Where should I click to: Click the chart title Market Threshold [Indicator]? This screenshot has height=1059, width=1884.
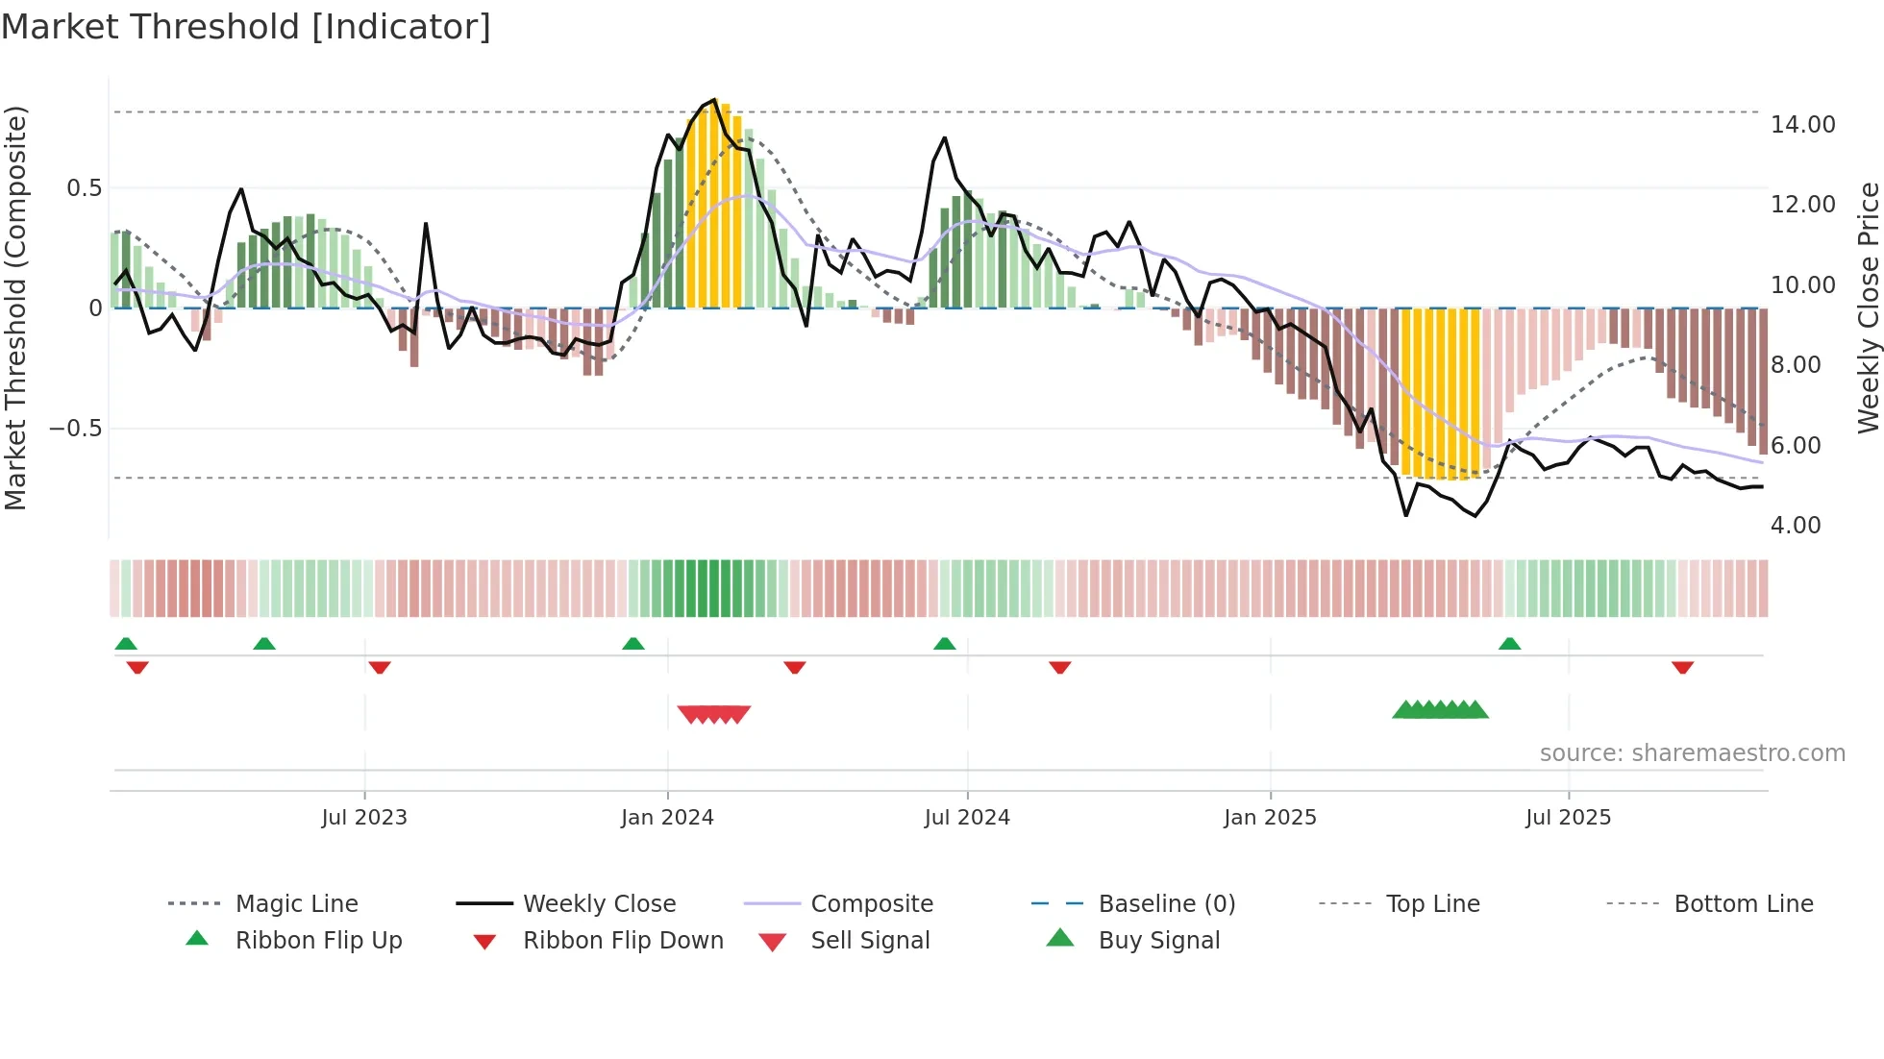click(x=246, y=27)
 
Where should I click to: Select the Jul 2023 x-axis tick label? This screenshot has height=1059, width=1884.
click(x=364, y=818)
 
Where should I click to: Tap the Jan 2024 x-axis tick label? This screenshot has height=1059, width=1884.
click(x=667, y=818)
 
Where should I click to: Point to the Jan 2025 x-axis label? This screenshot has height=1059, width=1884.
click(x=1270, y=818)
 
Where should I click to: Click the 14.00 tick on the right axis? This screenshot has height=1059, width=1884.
click(x=1802, y=125)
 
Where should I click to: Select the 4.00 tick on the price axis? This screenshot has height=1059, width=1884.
click(x=1795, y=526)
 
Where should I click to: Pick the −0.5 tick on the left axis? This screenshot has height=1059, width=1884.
click(x=75, y=429)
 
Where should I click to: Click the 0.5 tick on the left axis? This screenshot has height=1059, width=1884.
click(x=84, y=188)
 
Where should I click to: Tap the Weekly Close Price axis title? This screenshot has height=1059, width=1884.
click(x=1868, y=308)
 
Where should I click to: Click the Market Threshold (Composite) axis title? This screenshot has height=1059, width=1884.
click(x=15, y=308)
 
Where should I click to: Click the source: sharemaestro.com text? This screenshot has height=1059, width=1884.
click(x=1692, y=753)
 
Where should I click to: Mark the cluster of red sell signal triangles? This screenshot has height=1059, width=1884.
click(x=713, y=714)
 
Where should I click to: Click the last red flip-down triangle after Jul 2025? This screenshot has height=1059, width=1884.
click(x=1682, y=667)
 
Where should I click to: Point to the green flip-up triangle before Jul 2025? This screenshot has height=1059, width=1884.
click(x=1509, y=644)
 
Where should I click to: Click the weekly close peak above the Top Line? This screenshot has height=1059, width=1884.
click(x=713, y=101)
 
